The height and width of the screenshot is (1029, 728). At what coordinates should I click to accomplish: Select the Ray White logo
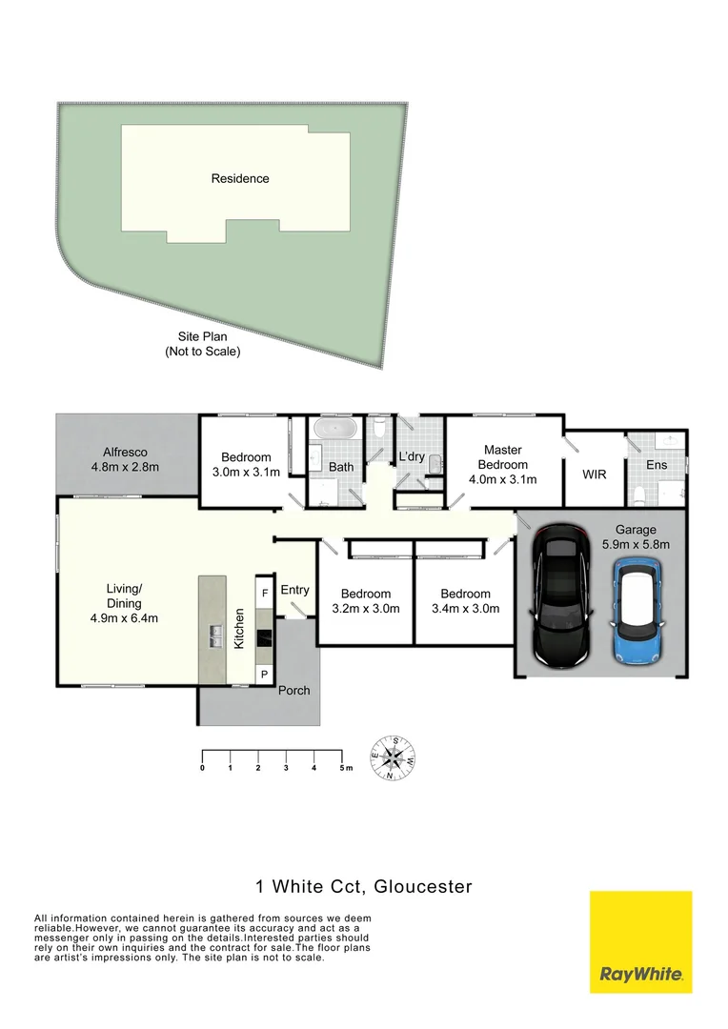640,941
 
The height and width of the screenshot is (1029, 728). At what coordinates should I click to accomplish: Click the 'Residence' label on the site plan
240,178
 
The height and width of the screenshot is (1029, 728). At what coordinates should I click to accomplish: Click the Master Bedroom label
504,464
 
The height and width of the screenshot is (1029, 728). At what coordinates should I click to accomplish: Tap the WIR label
594,474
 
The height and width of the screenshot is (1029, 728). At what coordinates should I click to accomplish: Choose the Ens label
657,465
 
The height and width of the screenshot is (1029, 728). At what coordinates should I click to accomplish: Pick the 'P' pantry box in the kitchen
264,674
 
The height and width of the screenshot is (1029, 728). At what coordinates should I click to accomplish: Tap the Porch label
294,690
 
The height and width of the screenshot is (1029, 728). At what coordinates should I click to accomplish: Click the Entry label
294,590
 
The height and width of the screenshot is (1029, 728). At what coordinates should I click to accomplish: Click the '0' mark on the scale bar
203,767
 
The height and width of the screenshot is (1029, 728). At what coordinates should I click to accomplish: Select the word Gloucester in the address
423,887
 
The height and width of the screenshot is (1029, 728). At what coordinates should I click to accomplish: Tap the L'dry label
412,456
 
